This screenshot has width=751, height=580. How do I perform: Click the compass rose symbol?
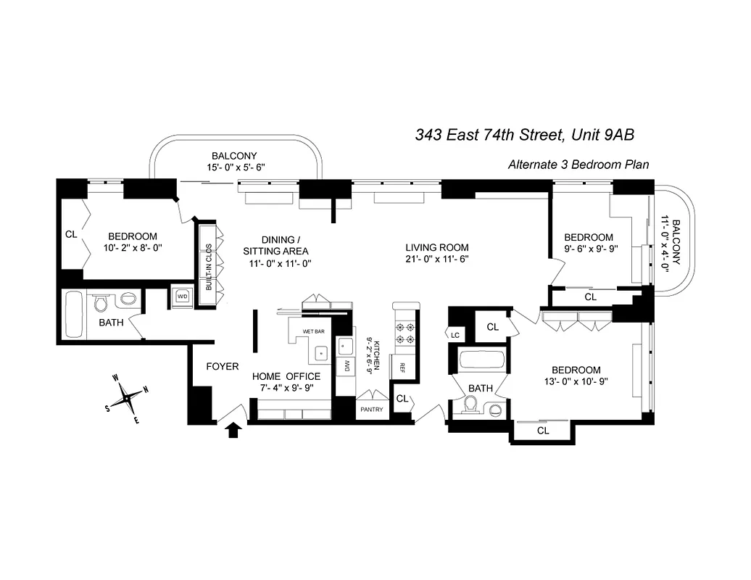point(128,397)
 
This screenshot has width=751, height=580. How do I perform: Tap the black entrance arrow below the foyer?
point(233,431)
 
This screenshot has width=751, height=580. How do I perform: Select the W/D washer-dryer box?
point(181,296)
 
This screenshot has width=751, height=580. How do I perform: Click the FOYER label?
point(222,366)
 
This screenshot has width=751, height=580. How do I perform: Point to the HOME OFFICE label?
point(286,376)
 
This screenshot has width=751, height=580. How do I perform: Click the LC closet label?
point(455,334)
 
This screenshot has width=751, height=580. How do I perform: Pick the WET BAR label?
point(313,331)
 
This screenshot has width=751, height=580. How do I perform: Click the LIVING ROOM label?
point(436,247)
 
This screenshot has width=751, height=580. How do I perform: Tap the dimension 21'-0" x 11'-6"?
point(436,259)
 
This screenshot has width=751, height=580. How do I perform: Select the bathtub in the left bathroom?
point(73,314)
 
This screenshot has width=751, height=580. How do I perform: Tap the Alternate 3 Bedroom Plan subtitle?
point(578,165)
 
